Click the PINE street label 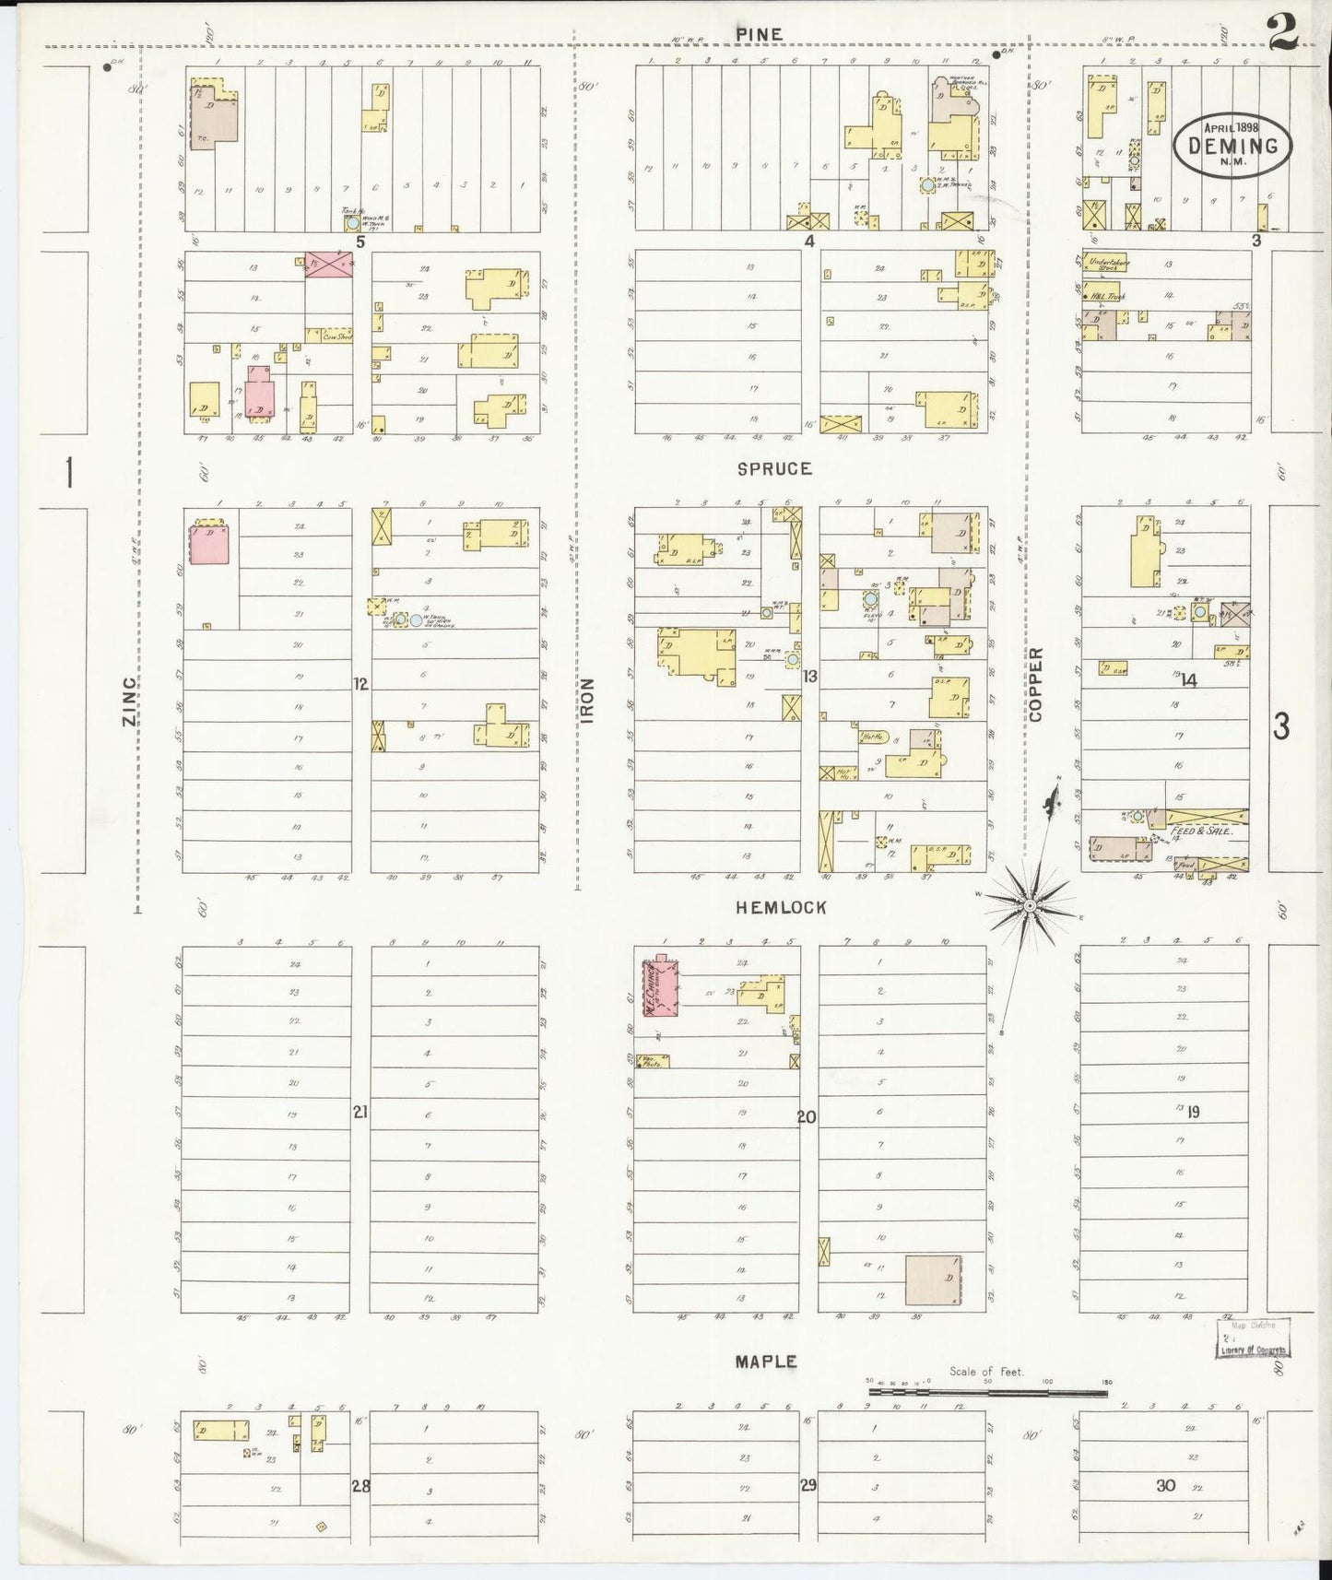[760, 34]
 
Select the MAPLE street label [766, 1361]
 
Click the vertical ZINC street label [129, 701]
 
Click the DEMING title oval [1233, 143]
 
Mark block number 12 [360, 684]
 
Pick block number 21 [360, 1113]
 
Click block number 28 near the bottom [360, 1485]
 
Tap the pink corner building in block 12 [210, 542]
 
